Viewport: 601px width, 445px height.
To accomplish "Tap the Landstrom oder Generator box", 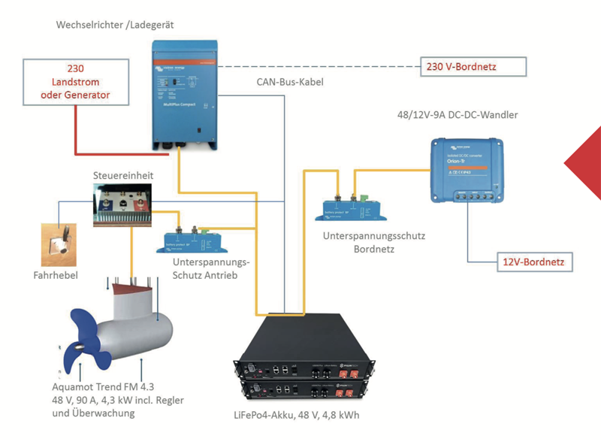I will coord(75,82).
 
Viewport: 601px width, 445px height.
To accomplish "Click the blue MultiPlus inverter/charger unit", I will coord(184,93).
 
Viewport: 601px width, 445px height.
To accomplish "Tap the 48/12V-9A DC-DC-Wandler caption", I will coord(457,115).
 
